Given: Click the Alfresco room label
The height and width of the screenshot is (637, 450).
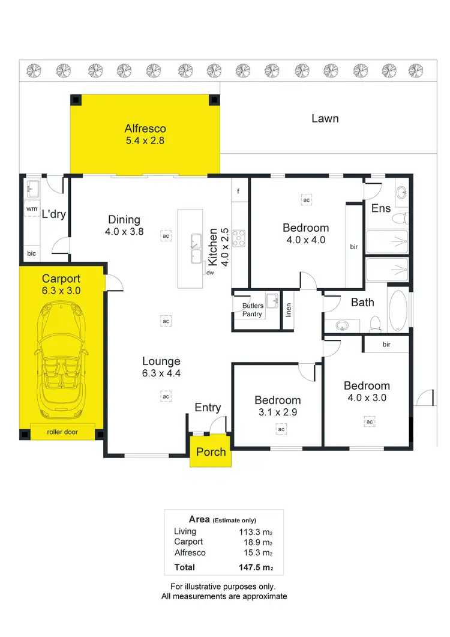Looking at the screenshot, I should (x=145, y=128).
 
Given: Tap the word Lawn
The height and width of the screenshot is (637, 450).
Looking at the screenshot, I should (x=325, y=118).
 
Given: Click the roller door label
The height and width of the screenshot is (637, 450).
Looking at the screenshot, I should (x=62, y=432).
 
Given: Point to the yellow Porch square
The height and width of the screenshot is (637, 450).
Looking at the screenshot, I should (x=211, y=451).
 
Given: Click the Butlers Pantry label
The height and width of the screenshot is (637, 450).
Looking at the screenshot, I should (x=253, y=310).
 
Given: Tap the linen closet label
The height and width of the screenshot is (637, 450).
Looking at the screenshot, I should (x=289, y=310).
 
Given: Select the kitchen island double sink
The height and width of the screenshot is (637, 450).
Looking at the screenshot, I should (x=196, y=249).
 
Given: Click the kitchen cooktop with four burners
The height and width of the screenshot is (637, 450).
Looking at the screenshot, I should (x=239, y=238).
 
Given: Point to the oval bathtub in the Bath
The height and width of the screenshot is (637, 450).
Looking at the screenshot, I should (x=398, y=311).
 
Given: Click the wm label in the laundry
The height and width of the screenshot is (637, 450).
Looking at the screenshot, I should (x=31, y=209).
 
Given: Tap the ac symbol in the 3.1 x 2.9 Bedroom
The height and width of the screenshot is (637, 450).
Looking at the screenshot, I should (x=281, y=429).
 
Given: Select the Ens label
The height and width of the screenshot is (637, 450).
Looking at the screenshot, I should (x=381, y=208).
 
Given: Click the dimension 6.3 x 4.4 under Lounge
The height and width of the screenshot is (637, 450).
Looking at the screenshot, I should (x=161, y=373).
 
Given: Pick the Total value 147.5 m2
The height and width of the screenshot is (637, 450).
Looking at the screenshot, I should (x=256, y=567).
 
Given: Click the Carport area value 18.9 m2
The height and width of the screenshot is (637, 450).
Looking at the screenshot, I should (x=257, y=542).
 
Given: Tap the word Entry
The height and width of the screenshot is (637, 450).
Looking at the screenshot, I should (x=208, y=408).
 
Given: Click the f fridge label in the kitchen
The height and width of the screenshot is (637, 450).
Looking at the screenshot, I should (x=238, y=192).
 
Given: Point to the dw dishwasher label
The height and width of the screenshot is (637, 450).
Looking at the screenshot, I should (x=210, y=272).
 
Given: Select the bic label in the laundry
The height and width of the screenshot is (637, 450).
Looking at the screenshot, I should (x=31, y=254).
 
